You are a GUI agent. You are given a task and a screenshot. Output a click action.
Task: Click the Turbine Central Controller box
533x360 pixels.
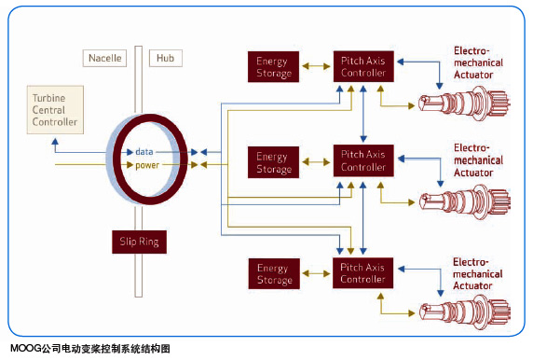pos(55,109)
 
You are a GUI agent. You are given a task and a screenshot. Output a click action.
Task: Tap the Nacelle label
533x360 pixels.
pos(102,58)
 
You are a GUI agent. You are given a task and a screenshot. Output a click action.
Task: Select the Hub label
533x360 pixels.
pos(166,58)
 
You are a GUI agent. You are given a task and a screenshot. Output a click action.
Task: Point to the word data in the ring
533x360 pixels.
pos(144,150)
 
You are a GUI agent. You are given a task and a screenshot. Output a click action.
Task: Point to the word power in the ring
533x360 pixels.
pos(149,165)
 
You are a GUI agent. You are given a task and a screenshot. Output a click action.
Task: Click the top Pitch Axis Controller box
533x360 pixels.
pos(363,68)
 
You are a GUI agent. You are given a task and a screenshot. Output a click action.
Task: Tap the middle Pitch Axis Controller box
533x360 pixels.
pos(363,161)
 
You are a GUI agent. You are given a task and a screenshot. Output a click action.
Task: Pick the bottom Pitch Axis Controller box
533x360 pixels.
pos(363,272)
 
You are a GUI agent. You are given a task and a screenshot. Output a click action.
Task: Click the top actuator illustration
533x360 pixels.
pos(461,100)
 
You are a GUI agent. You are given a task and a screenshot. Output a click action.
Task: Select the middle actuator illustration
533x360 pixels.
pos(461,199)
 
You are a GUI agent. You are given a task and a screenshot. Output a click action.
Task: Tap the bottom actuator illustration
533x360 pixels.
pos(461,309)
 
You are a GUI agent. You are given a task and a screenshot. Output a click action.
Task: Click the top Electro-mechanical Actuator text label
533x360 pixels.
pos(477,62)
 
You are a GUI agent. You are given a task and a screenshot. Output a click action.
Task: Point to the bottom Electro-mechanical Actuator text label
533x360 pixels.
pos(477,274)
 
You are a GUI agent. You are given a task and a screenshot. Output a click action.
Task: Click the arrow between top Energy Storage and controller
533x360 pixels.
pos(315,70)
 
